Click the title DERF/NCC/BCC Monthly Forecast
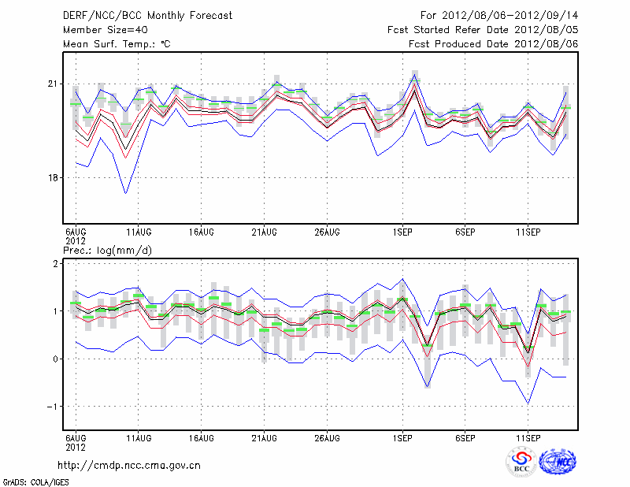coord(147,16)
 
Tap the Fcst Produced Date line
coord(494,44)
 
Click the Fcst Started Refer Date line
coord(483,30)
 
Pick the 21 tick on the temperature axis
coord(54,84)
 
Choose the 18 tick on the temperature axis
coord(54,178)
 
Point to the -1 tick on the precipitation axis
coord(54,407)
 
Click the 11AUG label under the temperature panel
coord(139,232)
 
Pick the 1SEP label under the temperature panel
coord(402,232)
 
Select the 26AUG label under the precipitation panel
coord(327,437)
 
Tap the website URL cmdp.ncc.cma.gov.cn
coord(129,465)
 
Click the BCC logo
coord(521,462)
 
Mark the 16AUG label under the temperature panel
coord(202,232)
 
